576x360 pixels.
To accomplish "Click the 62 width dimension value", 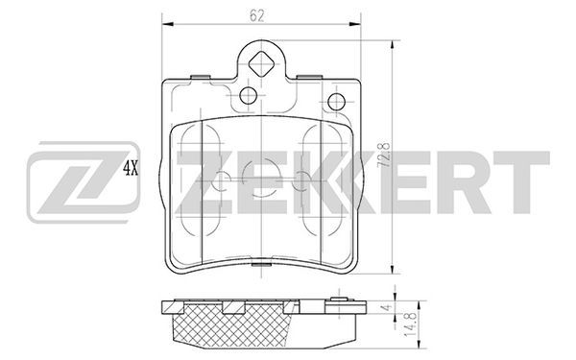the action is point(256,15).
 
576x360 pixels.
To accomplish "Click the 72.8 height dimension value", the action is point(384,156).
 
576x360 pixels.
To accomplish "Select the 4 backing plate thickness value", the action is point(387,307).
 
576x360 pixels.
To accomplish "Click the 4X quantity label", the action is point(131,168).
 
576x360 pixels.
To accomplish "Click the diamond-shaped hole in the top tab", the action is point(260,64).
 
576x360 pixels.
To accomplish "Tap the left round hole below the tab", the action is point(249,95).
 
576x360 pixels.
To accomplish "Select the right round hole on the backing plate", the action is point(336,102).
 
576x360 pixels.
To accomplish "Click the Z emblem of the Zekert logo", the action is point(84,182).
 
